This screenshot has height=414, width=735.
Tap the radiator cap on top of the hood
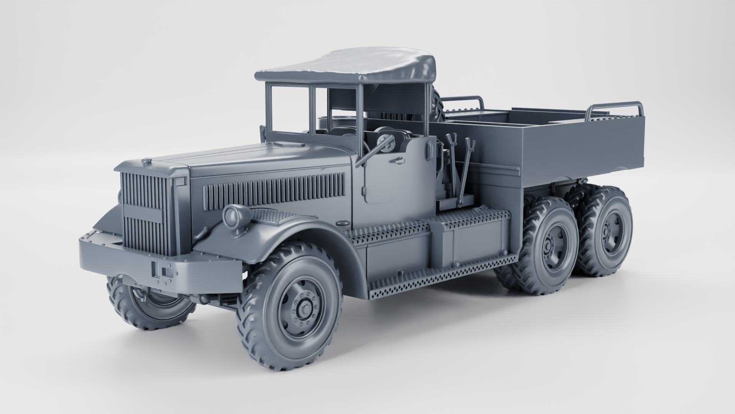[x=146, y=162]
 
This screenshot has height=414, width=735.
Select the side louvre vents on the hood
[x=274, y=191]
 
